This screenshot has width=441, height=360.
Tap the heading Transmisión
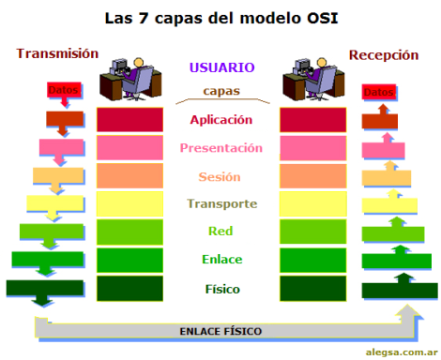pos(57,54)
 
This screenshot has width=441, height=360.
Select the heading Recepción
pos(384,55)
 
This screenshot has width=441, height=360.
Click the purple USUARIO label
pos(221,68)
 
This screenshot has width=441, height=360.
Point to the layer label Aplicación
pos(221,120)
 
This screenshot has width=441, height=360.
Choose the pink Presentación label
pos(221,148)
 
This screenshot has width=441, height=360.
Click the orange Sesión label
pos(221,176)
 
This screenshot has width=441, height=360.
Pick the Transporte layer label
pos(221,203)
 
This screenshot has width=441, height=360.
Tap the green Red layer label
pos(220,232)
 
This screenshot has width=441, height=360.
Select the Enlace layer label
pos(221,260)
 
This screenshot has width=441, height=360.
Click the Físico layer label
pos(221,288)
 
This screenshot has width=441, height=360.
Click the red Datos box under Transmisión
pos(64,91)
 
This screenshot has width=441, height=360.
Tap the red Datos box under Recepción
pos(380,93)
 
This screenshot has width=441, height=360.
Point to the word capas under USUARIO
pos(221,92)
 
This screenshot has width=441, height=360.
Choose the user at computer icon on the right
pos(312,79)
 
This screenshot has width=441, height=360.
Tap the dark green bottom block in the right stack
pos(312,288)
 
